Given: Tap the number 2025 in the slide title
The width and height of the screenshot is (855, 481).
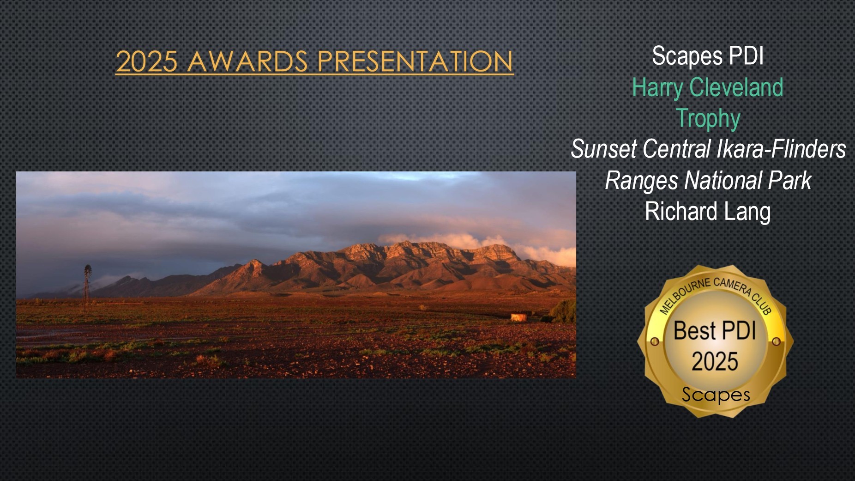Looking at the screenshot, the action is click(147, 61).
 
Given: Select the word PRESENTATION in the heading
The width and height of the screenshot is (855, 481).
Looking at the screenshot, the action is click(415, 61).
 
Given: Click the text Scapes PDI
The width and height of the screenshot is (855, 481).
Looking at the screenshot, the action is click(708, 56).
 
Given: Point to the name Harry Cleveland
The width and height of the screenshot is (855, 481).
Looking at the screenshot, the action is click(708, 87).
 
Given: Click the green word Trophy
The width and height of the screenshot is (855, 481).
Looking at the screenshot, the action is click(708, 119).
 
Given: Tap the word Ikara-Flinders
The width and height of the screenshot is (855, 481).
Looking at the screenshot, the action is click(781, 149).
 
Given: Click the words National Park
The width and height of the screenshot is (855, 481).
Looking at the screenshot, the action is click(747, 180).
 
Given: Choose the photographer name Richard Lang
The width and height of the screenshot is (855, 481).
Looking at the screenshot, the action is click(708, 212).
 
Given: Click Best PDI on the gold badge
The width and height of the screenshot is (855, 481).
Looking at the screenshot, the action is click(715, 331).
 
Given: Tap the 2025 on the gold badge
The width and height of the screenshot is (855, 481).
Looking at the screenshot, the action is click(715, 361).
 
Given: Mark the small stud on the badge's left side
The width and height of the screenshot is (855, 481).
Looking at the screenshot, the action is click(654, 342).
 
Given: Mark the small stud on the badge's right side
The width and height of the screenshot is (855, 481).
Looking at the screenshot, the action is click(777, 342).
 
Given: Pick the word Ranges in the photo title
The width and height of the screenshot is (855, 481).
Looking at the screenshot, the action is click(642, 181).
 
